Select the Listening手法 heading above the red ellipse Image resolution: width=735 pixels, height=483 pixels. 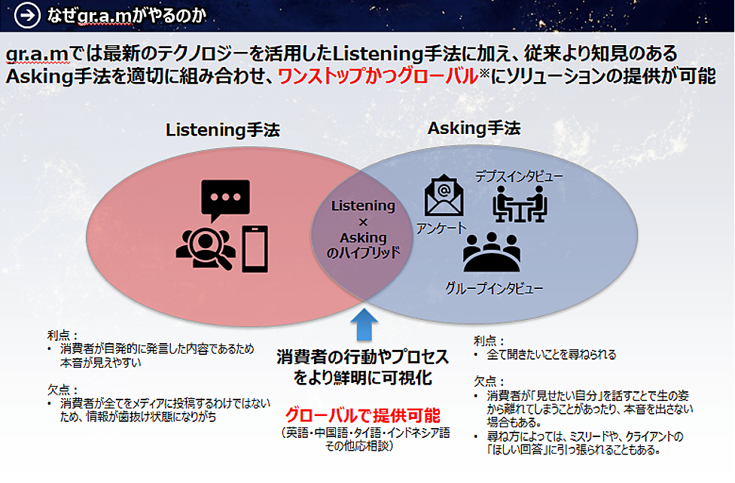223,130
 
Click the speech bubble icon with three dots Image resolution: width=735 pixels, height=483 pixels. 224,199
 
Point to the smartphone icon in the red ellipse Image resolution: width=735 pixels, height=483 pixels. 255,248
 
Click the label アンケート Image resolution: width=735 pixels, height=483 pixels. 442,228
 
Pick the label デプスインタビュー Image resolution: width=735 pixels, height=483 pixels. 519,176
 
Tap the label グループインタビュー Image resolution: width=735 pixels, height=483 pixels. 494,287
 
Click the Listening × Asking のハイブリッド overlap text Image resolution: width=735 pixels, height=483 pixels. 364,229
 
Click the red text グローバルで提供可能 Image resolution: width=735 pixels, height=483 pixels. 363,415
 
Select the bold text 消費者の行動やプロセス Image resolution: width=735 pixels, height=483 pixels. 362,355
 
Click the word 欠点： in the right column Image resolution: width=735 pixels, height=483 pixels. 489,381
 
